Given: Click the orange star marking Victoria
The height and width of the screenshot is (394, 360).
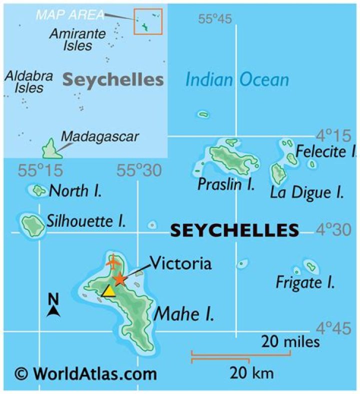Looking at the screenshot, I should pyautogui.click(x=119, y=279).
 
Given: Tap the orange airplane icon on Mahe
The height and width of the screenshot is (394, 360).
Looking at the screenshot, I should pyautogui.click(x=113, y=260).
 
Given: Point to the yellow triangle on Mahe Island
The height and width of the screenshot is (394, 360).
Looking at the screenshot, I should pyautogui.click(x=108, y=291).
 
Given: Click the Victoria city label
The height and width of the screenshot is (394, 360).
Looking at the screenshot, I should pyautogui.click(x=180, y=263).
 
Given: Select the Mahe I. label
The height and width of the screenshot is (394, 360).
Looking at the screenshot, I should pyautogui.click(x=184, y=314).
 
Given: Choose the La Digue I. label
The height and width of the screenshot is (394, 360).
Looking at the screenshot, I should pyautogui.click(x=306, y=192).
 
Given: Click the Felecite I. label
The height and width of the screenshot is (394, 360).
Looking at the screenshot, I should pyautogui.click(x=326, y=150).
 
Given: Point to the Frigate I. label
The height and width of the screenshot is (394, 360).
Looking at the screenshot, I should pyautogui.click(x=305, y=283).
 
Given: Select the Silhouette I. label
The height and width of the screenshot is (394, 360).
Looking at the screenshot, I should pyautogui.click(x=86, y=221).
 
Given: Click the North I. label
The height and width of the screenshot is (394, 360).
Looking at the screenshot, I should pyautogui.click(x=76, y=190).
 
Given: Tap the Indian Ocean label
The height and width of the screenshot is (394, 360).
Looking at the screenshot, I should pyautogui.click(x=237, y=79).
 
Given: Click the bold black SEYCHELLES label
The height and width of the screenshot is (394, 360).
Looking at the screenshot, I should pyautogui.click(x=234, y=230).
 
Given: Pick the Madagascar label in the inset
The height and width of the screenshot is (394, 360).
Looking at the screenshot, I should pyautogui.click(x=99, y=136).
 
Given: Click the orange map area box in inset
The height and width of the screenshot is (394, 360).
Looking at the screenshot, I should pyautogui.click(x=148, y=21).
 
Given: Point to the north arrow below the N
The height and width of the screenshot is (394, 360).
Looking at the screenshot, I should pyautogui.click(x=53, y=311).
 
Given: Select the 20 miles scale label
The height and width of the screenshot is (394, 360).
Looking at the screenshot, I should pyautogui.click(x=290, y=342).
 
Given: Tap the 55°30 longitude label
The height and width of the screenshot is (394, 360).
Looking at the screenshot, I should pyautogui.click(x=139, y=171).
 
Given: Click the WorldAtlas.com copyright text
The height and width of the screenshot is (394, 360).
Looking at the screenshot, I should pyautogui.click(x=85, y=373).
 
